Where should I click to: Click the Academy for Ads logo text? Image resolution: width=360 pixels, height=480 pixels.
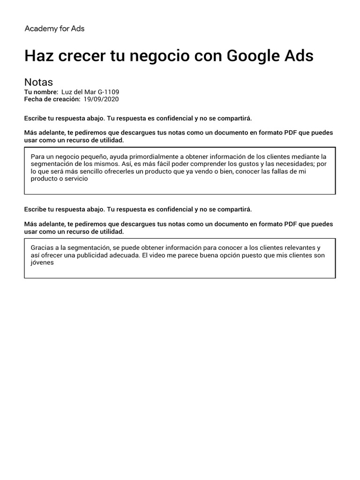click(x=54, y=29)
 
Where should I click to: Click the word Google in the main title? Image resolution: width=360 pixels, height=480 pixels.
click(x=253, y=56)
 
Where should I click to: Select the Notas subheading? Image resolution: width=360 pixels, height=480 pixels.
click(x=38, y=82)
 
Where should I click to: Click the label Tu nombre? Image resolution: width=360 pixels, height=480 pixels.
click(x=41, y=92)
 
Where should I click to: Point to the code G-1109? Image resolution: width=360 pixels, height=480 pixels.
click(x=109, y=92)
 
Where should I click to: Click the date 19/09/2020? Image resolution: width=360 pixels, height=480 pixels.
click(x=101, y=99)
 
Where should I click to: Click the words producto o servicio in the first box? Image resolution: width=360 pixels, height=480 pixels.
click(x=59, y=179)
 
